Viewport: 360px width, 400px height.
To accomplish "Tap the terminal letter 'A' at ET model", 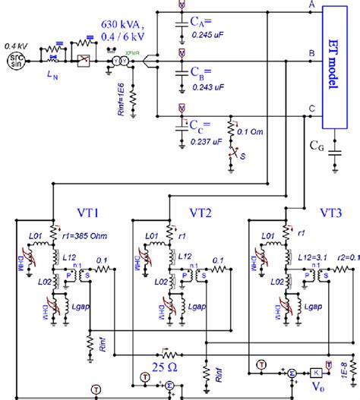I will pos(311,6).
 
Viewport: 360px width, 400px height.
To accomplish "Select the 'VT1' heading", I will pos(90,213).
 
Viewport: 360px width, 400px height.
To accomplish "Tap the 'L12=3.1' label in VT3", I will pos(312,260).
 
